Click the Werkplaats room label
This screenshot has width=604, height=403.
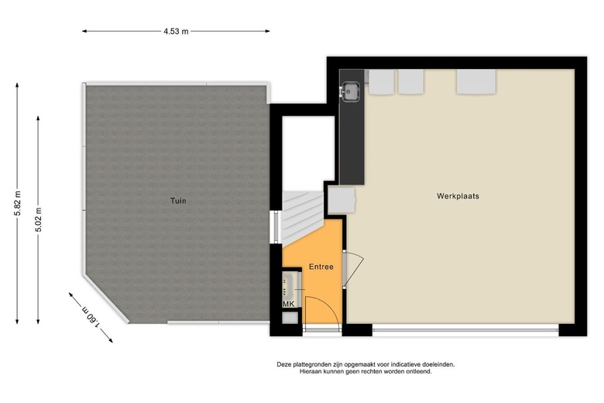point(458,196)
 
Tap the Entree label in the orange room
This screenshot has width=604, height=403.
point(321,267)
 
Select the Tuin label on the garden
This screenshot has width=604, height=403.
point(178,201)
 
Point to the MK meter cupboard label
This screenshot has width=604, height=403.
point(288,304)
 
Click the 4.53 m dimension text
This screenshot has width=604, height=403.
point(177,31)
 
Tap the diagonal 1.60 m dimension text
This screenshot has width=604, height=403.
point(90,318)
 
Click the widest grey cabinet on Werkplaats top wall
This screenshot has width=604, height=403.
point(475,81)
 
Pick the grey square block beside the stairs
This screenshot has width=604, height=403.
point(341,200)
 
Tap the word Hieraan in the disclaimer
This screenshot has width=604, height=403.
point(313,372)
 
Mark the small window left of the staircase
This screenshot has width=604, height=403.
point(274,228)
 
